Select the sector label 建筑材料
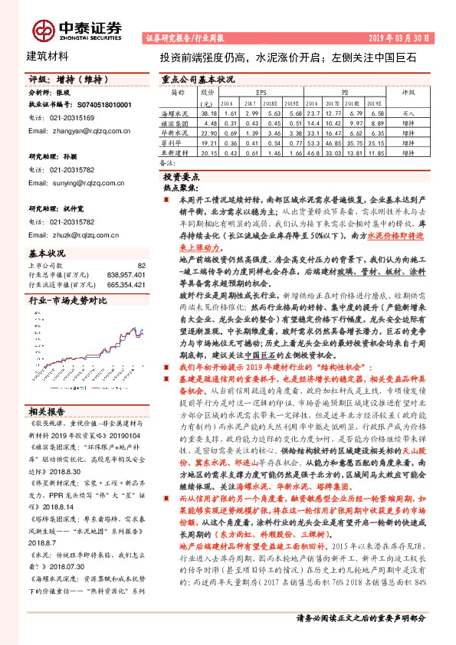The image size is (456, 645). click(48, 56)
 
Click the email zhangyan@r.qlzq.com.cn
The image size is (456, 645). click(84, 131)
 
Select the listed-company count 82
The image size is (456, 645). click(141, 264)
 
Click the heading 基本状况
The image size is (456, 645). click(47, 252)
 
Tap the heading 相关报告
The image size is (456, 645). click(47, 411)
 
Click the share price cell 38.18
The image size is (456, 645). click(208, 112)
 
